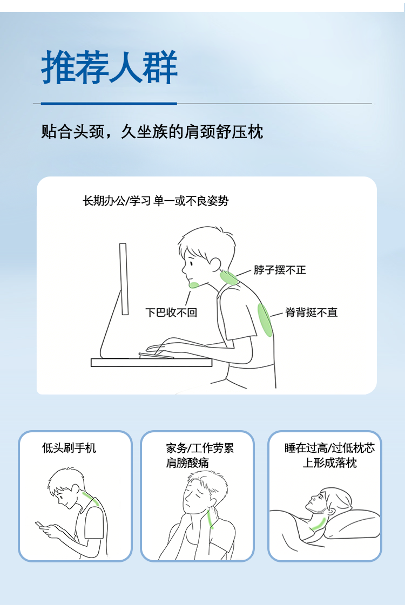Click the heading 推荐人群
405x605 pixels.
tap(109, 67)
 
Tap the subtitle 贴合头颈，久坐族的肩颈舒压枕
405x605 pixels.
tap(152, 132)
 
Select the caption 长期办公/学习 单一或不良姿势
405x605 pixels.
tap(156, 201)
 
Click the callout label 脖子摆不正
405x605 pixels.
tap(280, 270)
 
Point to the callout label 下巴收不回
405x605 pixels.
tap(171, 312)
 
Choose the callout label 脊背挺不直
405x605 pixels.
tap(312, 312)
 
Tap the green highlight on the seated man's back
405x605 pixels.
tap(265, 320)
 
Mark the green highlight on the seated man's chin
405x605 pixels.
tap(194, 285)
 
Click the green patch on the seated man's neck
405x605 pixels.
tap(228, 277)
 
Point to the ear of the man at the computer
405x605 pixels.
tap(215, 264)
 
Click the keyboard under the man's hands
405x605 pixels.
tap(156, 355)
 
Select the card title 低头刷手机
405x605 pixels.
tap(69, 448)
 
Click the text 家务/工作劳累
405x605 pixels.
tap(200, 448)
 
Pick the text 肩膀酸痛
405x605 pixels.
tap(187, 463)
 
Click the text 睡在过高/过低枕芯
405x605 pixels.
tap(330, 448)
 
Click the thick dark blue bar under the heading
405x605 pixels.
tap(109, 104)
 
